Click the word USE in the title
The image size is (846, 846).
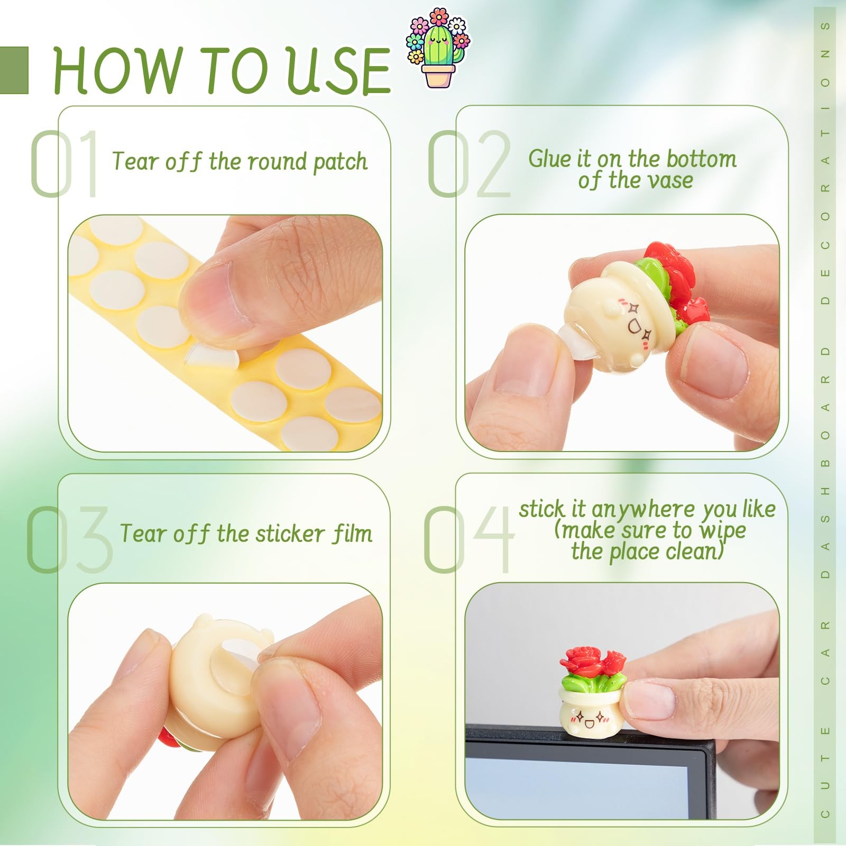click(x=338, y=70)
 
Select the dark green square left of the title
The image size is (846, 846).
click(x=14, y=70)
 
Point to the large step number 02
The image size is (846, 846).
click(x=468, y=163)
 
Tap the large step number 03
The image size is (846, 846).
click(x=69, y=539)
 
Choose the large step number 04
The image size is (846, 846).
click(x=468, y=539)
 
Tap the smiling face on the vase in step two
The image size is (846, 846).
click(x=638, y=322)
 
